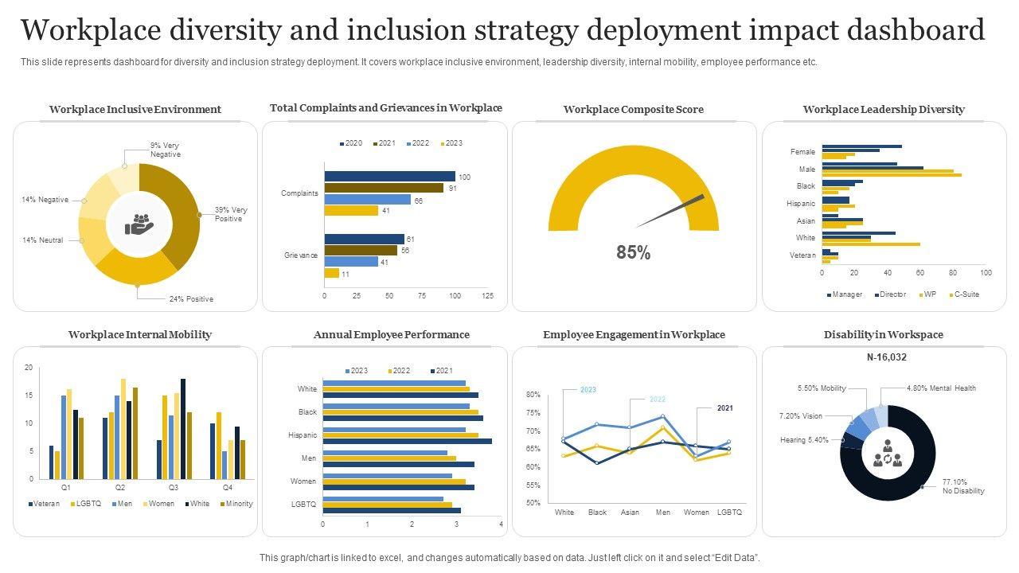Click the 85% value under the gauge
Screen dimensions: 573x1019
(x=634, y=253)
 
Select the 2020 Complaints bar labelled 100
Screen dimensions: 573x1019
(x=390, y=177)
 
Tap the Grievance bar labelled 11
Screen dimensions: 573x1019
(x=332, y=274)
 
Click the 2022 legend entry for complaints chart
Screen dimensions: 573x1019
(x=417, y=143)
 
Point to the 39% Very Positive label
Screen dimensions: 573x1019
(x=231, y=214)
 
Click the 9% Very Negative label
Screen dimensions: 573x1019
(x=165, y=150)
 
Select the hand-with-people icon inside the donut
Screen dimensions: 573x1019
(x=139, y=224)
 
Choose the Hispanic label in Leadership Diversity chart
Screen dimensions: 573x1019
(x=801, y=204)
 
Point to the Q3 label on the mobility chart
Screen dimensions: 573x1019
(x=173, y=487)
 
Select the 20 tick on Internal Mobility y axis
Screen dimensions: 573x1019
(x=29, y=368)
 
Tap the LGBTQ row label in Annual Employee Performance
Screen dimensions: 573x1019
(x=304, y=505)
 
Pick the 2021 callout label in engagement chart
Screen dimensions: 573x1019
(x=724, y=408)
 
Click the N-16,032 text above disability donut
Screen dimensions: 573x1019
(x=886, y=357)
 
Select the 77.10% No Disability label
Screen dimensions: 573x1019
(x=963, y=486)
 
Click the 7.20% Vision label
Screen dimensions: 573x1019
(x=801, y=416)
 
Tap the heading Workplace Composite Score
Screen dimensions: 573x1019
(x=634, y=110)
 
